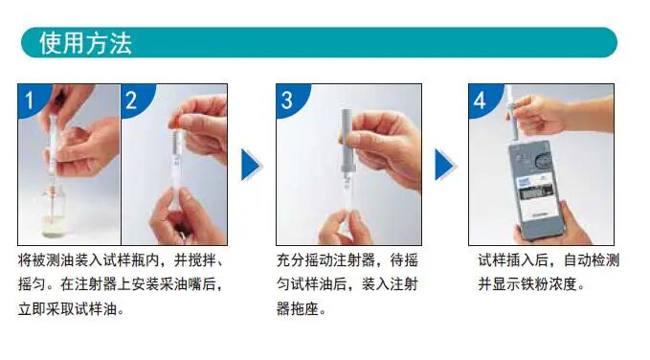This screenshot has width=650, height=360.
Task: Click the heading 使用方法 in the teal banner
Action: coord(85,43)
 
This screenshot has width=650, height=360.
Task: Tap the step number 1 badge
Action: coord(29,100)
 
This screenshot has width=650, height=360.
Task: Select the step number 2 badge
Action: coord(131,100)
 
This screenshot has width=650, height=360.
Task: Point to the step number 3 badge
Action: coord(287,100)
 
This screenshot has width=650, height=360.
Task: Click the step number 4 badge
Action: coord(480,100)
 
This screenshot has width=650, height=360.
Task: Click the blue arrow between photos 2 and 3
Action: coord(251,165)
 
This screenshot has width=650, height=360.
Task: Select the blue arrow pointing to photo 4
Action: coord(444,165)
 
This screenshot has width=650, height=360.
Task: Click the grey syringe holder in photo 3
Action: coord(347,141)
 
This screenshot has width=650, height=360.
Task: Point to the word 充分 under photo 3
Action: coord(290,260)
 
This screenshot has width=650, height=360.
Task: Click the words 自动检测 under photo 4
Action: coord(592,260)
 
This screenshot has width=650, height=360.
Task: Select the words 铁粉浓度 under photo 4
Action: coord(549,284)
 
